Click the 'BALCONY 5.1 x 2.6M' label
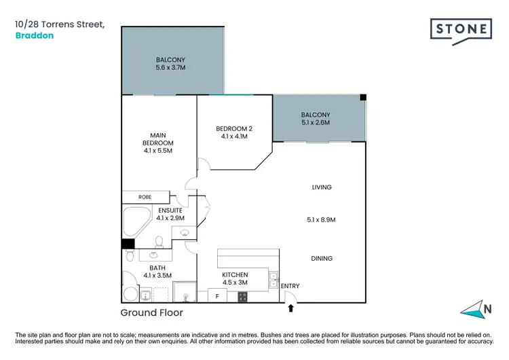[x=316, y=119]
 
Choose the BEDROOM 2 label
[x=233, y=132]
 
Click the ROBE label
[x=145, y=196]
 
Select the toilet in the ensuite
[x=159, y=242]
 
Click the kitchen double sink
[x=273, y=279]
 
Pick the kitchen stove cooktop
[x=242, y=296]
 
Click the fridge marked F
[x=216, y=296]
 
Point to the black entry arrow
[x=291, y=308]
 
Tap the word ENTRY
[x=290, y=286]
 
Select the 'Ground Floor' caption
[x=151, y=313]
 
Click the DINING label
[x=322, y=258]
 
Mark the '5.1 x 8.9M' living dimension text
[x=322, y=219]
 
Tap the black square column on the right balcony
[x=363, y=98]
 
